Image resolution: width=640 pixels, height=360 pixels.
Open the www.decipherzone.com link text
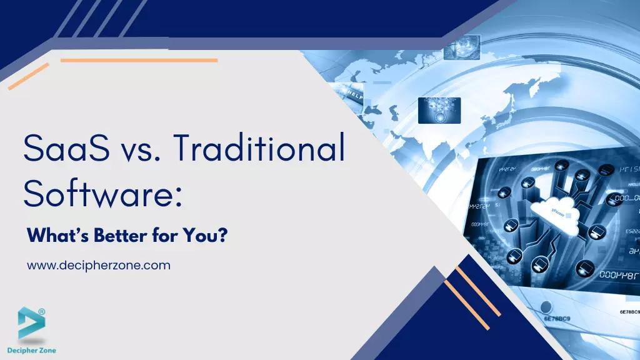tap(99, 265)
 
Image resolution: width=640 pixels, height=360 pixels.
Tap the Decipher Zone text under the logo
tap(32, 351)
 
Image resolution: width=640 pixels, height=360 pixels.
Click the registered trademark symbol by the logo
tap(42, 311)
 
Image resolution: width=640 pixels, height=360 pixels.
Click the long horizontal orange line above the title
tap(139, 61)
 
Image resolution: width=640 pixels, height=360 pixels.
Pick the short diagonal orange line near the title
tap(28, 76)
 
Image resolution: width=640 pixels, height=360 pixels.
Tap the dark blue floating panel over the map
tap(439, 110)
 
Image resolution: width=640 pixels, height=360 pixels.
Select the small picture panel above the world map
tap(461, 47)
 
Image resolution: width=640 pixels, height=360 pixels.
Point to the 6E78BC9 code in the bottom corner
tap(629, 311)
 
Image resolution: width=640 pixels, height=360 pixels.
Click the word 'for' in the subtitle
tap(162, 237)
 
